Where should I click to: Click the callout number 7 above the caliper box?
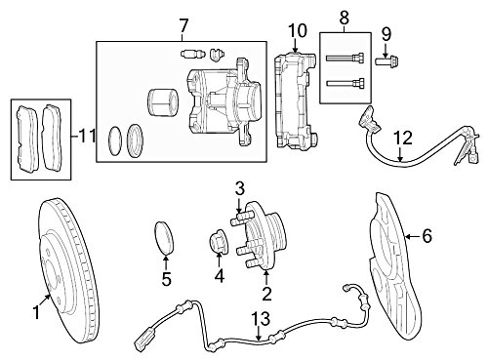(x=183, y=25)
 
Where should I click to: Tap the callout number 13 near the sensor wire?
(x=261, y=319)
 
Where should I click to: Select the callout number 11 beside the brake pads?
(x=87, y=136)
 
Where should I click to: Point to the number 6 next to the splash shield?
(x=427, y=235)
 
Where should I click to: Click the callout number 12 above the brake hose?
(x=404, y=138)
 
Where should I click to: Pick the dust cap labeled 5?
(x=164, y=237)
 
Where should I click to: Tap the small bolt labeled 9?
(x=387, y=60)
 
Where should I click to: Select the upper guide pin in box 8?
(x=345, y=58)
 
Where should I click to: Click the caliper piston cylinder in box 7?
(x=163, y=101)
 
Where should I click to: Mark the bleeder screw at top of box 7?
(x=192, y=54)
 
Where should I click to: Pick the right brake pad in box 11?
(x=51, y=137)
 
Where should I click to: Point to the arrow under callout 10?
(x=296, y=46)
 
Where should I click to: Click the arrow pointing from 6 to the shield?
(x=413, y=236)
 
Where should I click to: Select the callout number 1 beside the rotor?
(x=36, y=312)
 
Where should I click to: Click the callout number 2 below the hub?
(x=266, y=294)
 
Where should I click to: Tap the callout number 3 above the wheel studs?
(x=240, y=189)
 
